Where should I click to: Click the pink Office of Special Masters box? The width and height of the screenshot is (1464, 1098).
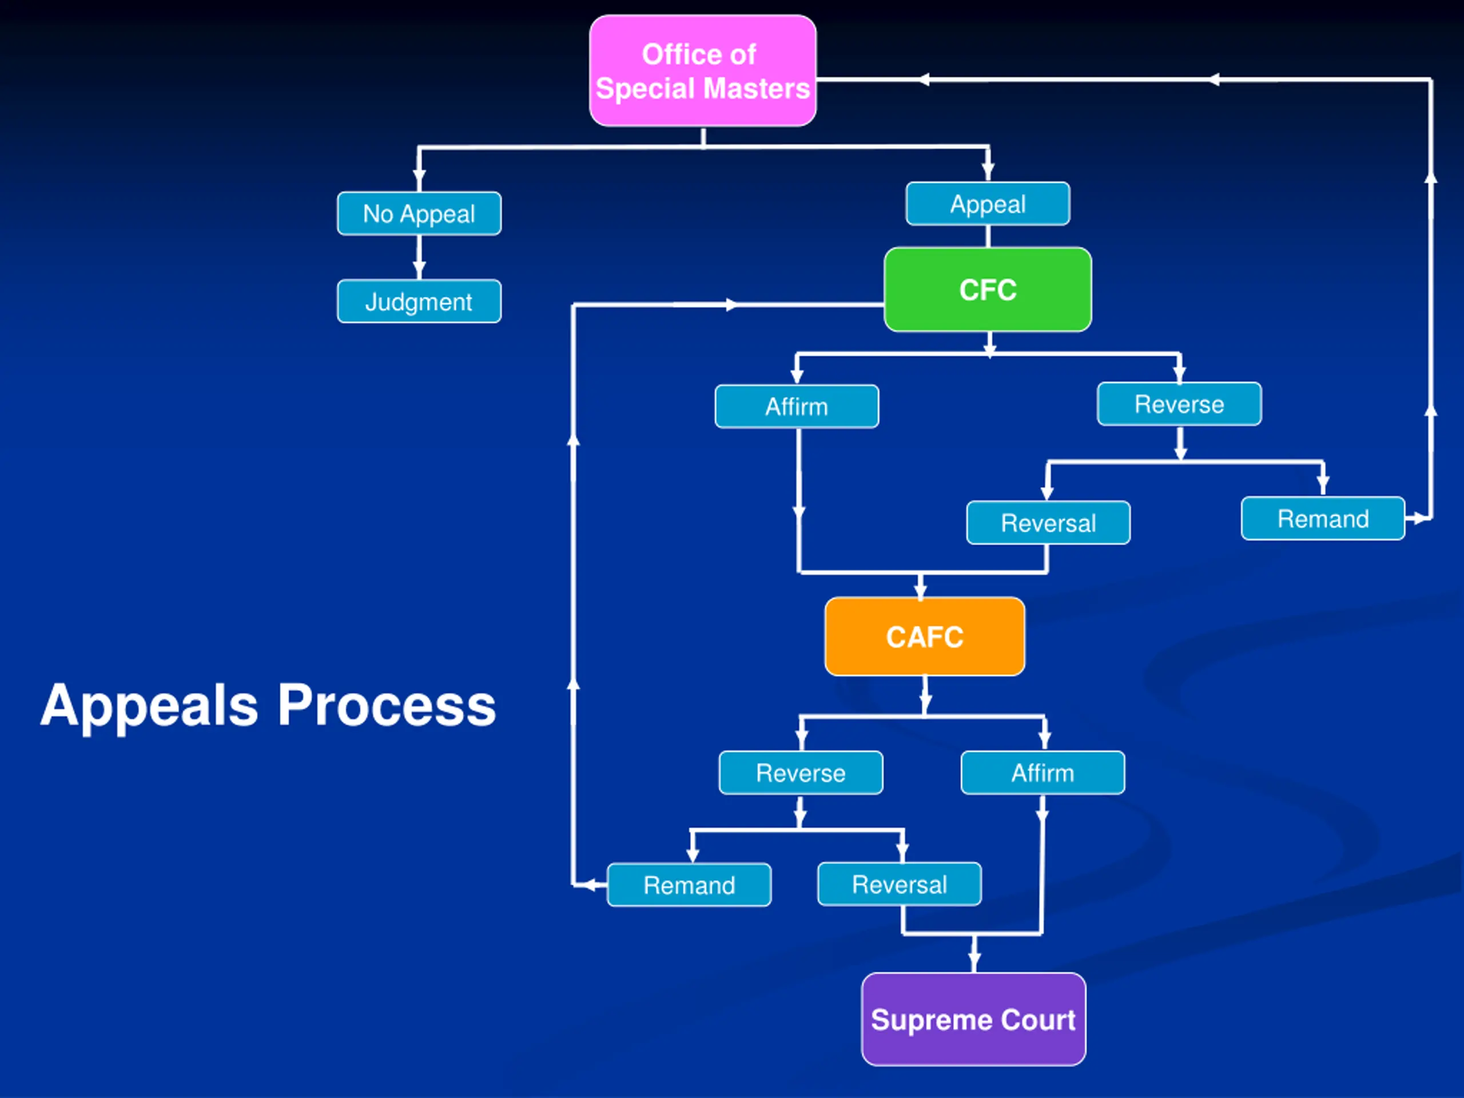coord(703,71)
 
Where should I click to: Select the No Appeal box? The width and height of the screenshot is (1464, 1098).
coord(419,213)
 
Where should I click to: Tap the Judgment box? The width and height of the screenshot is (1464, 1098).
coord(419,301)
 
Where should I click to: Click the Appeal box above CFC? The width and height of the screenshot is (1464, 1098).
coord(988,204)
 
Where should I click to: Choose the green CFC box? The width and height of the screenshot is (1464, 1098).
coord(988,289)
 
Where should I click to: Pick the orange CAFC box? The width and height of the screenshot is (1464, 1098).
coord(925,636)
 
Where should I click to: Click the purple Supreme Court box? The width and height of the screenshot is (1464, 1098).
coord(973,1019)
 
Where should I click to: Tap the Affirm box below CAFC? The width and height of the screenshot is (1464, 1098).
coord(1043,773)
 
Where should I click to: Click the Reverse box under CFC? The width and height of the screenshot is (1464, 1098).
coord(1179,404)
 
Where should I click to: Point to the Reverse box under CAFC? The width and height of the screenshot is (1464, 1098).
coord(801,773)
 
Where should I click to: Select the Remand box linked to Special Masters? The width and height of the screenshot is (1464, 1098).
coord(1323,518)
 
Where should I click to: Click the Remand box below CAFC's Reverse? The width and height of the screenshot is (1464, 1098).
coord(689,885)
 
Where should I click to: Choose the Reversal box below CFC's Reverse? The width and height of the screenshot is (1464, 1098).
coord(1048,523)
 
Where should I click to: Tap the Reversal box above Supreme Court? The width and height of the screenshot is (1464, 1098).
coord(900,884)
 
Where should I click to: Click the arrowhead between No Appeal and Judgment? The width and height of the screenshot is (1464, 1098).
coord(419,270)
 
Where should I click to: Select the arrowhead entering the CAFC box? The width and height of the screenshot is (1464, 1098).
coord(921,588)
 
